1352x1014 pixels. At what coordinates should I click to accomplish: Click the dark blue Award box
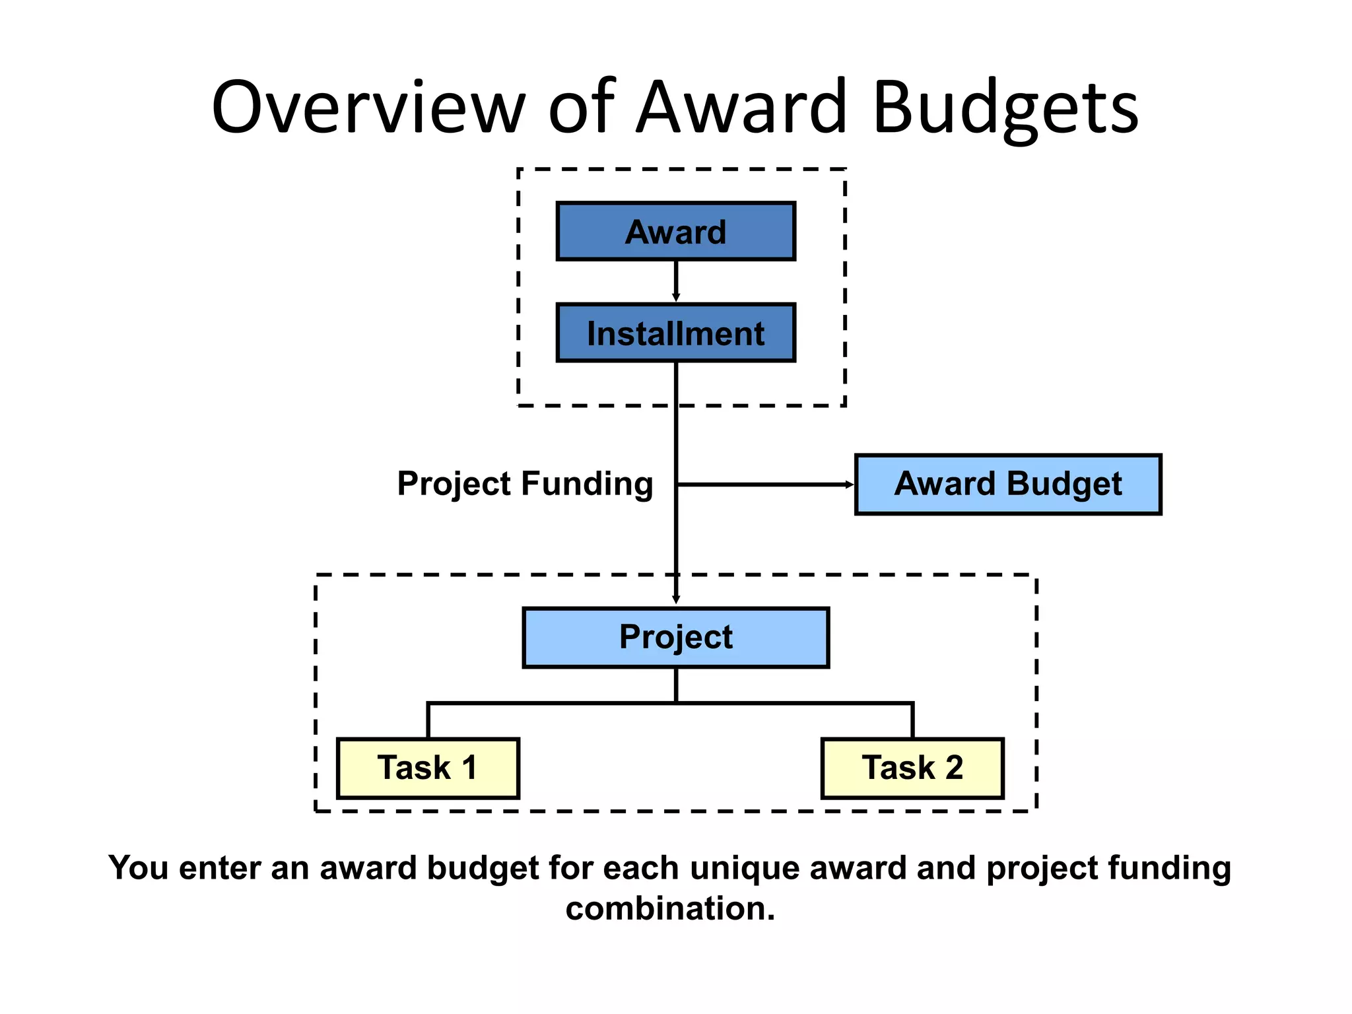tap(675, 231)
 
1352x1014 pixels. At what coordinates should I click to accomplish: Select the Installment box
tap(675, 333)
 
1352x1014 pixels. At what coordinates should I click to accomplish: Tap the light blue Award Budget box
tap(1007, 484)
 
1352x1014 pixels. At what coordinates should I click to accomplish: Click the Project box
tap(675, 637)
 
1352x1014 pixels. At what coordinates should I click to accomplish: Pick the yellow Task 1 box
tap(428, 768)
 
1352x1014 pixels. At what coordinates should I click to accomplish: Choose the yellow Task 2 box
tap(912, 768)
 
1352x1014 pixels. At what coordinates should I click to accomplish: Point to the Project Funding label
tap(525, 484)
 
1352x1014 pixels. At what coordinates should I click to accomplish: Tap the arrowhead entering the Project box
tap(675, 599)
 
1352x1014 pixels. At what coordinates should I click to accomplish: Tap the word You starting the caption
tap(138, 867)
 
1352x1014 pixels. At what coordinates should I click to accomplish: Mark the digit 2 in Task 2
tap(954, 768)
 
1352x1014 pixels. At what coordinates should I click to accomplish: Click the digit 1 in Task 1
tap(469, 768)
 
